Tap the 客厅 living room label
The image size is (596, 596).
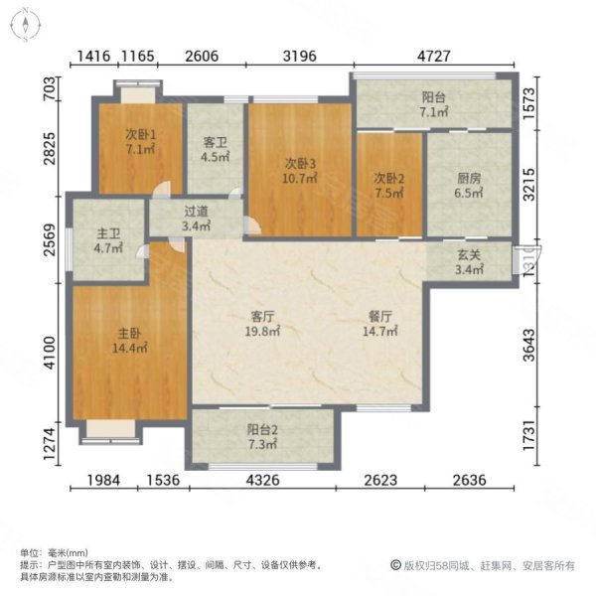[262, 316]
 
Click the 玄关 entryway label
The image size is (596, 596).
[468, 254]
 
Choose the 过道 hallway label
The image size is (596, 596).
[196, 212]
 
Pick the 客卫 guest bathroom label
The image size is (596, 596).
[217, 142]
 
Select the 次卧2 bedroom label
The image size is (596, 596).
[388, 180]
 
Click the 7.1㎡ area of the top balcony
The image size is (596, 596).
[435, 113]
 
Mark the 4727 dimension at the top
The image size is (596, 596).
[433, 57]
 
